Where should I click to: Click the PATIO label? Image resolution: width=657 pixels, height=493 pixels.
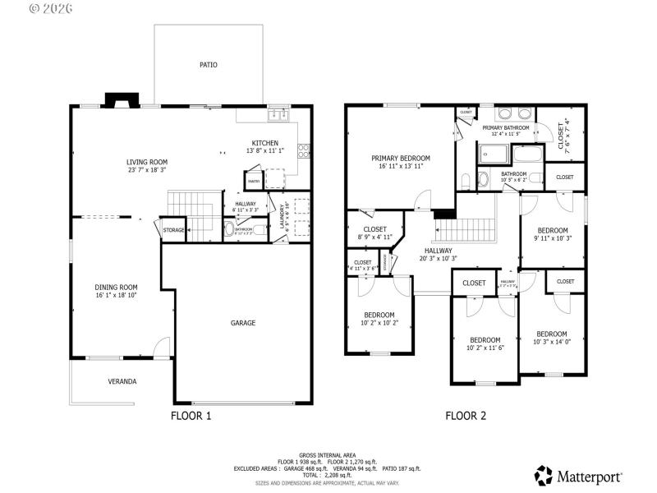[x=209, y=64]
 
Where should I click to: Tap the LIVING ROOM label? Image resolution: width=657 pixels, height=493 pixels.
[x=147, y=162]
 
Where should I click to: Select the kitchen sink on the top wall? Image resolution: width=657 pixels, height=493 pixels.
[x=279, y=115]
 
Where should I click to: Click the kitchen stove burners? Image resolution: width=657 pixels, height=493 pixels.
[x=303, y=151]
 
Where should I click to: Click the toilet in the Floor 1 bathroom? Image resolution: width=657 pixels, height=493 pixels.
[x=229, y=230]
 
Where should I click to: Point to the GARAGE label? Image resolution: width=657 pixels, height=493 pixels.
[x=243, y=323]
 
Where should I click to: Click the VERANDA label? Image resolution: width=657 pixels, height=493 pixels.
[x=122, y=381]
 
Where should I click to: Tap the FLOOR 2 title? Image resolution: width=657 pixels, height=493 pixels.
[x=466, y=416]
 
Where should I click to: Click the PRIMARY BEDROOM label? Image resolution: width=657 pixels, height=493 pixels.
[x=401, y=159]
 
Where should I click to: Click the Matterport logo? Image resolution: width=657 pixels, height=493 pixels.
[x=579, y=476]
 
